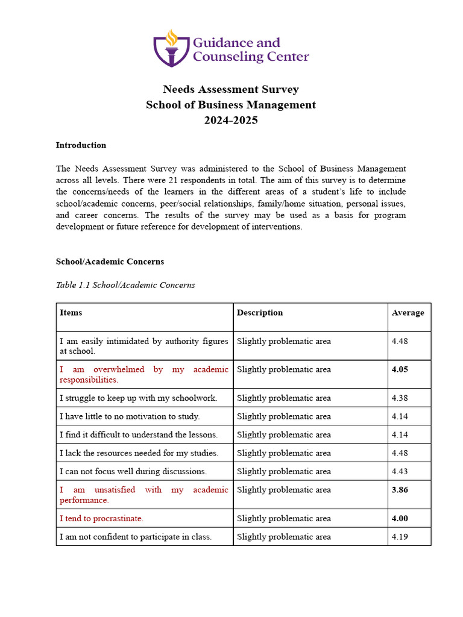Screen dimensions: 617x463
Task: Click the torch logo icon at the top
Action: [x=172, y=48]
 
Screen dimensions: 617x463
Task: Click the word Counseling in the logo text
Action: [x=228, y=57]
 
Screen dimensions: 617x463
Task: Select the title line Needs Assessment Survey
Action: [x=231, y=90]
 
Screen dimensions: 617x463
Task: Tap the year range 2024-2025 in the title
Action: [x=231, y=120]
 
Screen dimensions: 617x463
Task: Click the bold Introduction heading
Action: [x=81, y=145]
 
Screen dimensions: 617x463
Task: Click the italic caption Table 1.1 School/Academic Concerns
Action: [x=125, y=285]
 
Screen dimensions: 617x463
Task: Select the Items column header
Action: [x=71, y=313]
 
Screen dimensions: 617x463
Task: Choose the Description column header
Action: [x=259, y=313]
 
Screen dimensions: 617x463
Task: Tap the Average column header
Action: [x=408, y=313]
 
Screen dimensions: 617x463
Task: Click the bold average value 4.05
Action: [x=400, y=369]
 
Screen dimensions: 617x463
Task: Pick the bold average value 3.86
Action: [x=400, y=490]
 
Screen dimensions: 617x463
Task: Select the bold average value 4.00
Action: [x=400, y=518]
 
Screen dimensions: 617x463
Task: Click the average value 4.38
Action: [x=400, y=398]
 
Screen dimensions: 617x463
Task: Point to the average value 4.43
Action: [x=400, y=471]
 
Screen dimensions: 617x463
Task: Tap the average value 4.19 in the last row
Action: [x=400, y=537]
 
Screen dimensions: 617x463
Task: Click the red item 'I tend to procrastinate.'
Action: [x=101, y=518]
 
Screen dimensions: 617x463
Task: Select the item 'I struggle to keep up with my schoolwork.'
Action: [x=138, y=398]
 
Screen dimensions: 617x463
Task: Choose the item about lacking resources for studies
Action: [x=139, y=453]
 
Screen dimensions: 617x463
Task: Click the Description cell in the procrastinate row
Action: [x=283, y=518]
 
